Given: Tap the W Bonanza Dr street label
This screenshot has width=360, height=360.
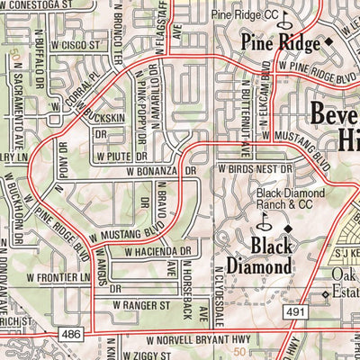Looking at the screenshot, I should tap(161, 169).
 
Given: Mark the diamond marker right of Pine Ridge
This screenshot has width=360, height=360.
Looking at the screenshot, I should tap(328, 41).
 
